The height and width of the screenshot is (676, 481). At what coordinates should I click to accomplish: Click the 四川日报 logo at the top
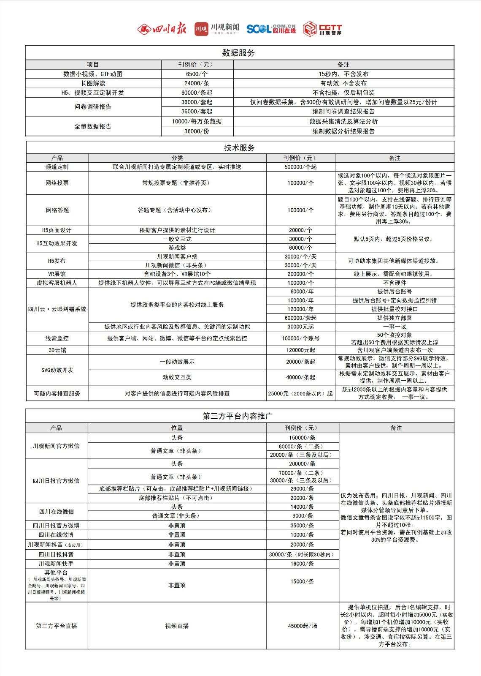(x=162, y=29)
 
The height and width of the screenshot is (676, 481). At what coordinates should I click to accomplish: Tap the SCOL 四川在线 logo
(x=271, y=29)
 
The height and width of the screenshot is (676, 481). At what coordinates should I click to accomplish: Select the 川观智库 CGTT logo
(x=322, y=29)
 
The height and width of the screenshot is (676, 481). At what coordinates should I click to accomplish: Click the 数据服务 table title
(x=239, y=53)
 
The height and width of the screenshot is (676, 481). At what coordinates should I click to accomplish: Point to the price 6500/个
(x=197, y=74)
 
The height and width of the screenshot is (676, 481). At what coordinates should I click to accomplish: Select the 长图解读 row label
(x=93, y=83)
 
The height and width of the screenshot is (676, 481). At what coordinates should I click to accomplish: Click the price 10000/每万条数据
(x=197, y=121)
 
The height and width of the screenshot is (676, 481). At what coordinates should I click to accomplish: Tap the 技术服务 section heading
(x=239, y=147)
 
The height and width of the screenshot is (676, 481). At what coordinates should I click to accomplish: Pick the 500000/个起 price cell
(x=300, y=167)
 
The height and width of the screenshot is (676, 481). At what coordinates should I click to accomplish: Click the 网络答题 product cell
(x=57, y=210)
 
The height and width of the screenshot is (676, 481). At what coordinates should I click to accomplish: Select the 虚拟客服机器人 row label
(x=57, y=283)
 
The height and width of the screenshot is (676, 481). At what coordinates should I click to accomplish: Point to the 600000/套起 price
(x=300, y=318)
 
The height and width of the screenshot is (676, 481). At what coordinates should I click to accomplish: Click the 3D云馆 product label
(x=57, y=350)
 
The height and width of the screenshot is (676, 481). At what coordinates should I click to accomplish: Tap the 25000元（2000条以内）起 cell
(x=300, y=393)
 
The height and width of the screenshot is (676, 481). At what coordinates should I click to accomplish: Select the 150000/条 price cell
(x=302, y=438)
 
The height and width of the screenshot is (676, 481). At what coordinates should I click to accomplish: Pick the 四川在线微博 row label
(x=56, y=535)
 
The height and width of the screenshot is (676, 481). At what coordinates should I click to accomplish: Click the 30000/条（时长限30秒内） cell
(x=302, y=554)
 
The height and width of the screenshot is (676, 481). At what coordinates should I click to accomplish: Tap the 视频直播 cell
(x=177, y=626)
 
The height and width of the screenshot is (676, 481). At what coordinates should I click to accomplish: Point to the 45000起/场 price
(x=302, y=626)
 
